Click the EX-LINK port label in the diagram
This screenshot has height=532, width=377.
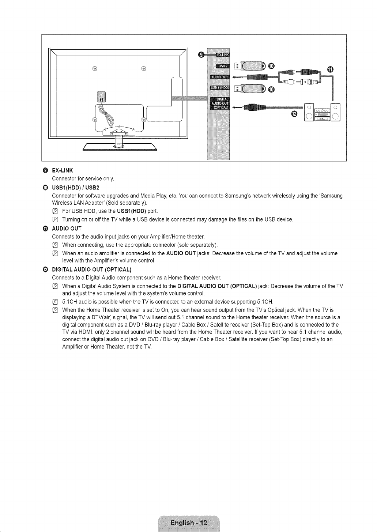coord(223,55)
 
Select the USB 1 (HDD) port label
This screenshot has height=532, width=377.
coord(220,88)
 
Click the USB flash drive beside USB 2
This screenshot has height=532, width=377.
coord(250,66)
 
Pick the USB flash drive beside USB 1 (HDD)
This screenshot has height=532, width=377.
coord(250,89)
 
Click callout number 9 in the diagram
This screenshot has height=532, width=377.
coord(201,55)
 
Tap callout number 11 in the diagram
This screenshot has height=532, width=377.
coord(330,69)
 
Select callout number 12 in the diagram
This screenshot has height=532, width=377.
coord(294,114)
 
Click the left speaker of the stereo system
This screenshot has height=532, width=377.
coord(309,112)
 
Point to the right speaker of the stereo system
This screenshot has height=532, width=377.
coord(335,112)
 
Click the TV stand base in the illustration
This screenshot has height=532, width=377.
coord(120,147)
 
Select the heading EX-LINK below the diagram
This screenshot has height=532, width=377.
coord(62,170)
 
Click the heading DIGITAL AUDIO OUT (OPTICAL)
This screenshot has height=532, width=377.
coord(92,269)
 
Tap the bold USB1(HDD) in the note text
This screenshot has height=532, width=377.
coord(131,211)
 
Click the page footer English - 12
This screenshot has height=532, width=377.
coord(189,522)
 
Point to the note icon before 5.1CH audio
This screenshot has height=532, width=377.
coord(55,302)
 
